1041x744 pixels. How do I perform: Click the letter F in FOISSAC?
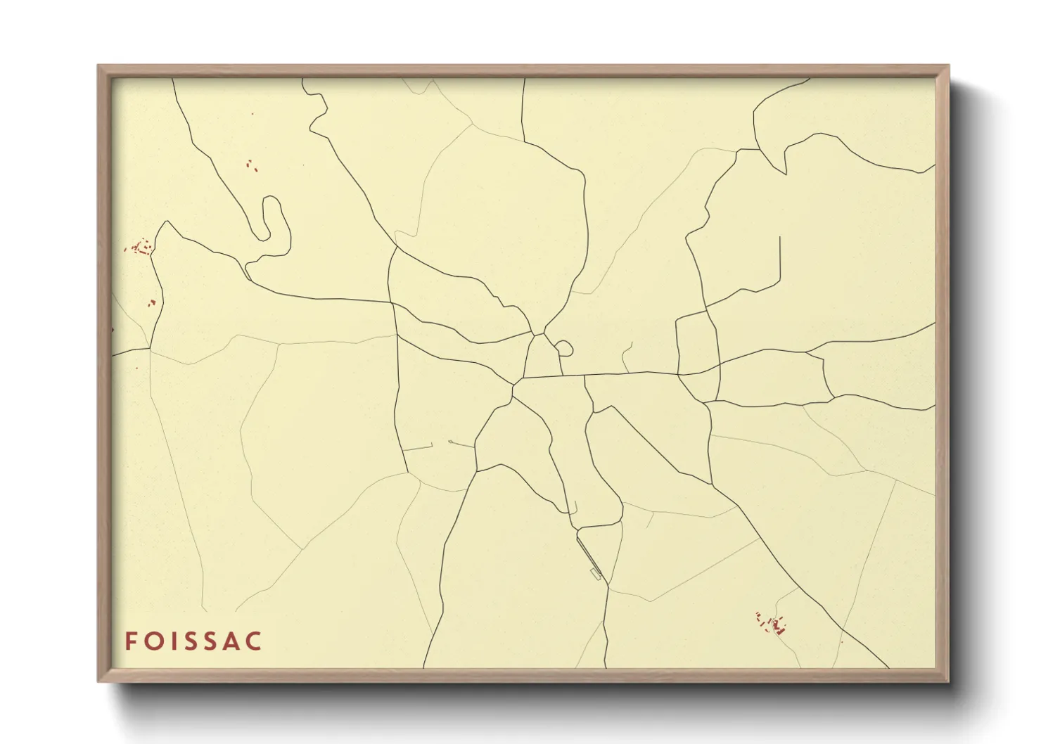pos(131,641)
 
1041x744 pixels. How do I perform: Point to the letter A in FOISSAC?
pos(234,641)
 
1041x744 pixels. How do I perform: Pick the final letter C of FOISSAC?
pos(255,641)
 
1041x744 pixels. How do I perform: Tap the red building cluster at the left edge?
pos(141,247)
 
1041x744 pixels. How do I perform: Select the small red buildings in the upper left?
pos(251,165)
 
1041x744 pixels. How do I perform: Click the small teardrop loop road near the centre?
pos(566,347)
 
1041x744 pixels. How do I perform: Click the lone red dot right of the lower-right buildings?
pos(841,641)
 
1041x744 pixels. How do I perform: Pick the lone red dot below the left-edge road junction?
pos(137,367)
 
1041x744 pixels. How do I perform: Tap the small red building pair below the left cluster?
pos(151,303)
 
